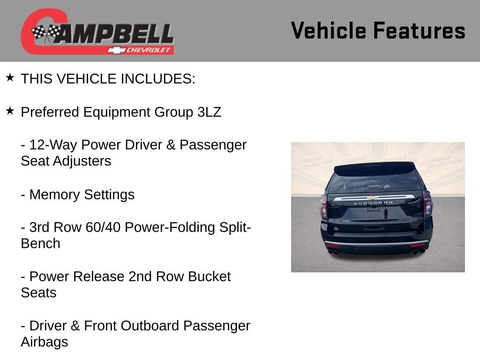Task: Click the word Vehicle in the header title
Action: pyautogui.click(x=329, y=30)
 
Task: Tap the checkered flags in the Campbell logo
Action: pyautogui.click(x=46, y=32)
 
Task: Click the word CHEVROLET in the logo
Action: pyautogui.click(x=148, y=50)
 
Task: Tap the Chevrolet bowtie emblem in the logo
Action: pyautogui.click(x=116, y=50)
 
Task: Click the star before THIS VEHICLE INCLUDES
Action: pyautogui.click(x=10, y=77)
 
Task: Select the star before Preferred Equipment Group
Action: pyautogui.click(x=10, y=111)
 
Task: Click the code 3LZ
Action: pyautogui.click(x=209, y=112)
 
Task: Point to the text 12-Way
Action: pyautogui.click(x=53, y=145)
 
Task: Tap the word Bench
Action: pyautogui.click(x=40, y=244)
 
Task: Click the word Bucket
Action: pyautogui.click(x=209, y=277)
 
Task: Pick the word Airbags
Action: pyautogui.click(x=45, y=342)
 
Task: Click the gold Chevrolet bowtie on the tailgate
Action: pyautogui.click(x=372, y=198)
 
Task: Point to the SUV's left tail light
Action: pyautogui.click(x=323, y=207)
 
